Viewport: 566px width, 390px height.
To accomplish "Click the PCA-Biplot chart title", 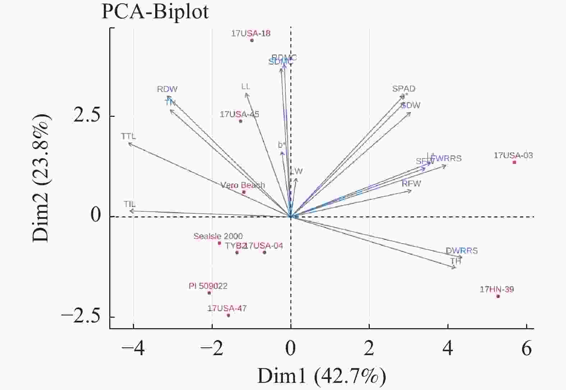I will click(x=155, y=12).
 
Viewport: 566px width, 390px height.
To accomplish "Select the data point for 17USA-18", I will click(x=252, y=40).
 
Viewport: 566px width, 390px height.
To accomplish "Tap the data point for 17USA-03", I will click(x=514, y=162).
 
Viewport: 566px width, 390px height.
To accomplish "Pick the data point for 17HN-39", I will click(x=498, y=296).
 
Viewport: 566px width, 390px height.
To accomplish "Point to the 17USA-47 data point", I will click(x=228, y=316).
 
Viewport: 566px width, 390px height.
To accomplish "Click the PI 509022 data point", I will click(x=209, y=293).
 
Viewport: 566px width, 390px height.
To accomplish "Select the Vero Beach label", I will click(x=243, y=185).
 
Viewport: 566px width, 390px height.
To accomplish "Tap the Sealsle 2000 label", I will click(x=218, y=236).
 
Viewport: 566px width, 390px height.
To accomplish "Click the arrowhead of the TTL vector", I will click(x=129, y=143).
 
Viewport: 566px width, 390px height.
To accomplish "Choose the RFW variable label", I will click(x=411, y=184).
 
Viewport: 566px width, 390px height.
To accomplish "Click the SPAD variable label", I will click(x=404, y=89).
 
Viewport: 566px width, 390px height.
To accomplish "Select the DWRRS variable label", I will click(x=461, y=251).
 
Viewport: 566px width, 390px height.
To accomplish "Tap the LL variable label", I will click(x=246, y=87).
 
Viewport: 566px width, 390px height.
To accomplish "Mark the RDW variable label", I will click(x=167, y=89).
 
